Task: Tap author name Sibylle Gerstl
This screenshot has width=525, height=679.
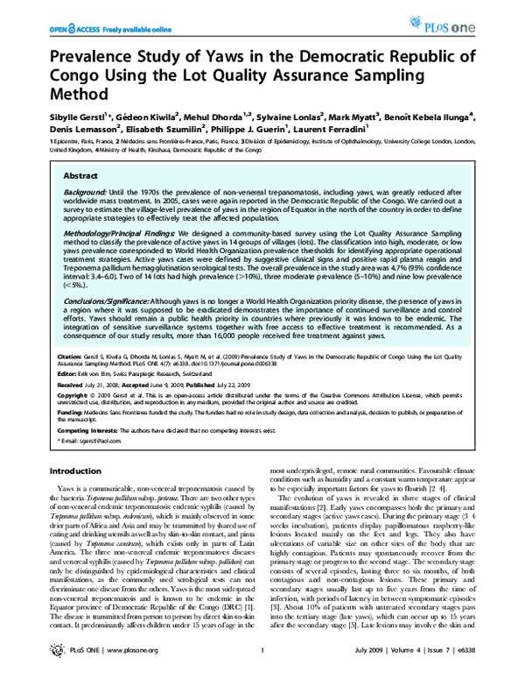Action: [65, 116]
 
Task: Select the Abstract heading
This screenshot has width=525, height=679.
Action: [81, 176]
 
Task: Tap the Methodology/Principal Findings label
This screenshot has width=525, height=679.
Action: [122, 236]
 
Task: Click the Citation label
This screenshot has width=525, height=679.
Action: [72, 357]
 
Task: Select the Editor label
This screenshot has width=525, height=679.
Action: [69, 374]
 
